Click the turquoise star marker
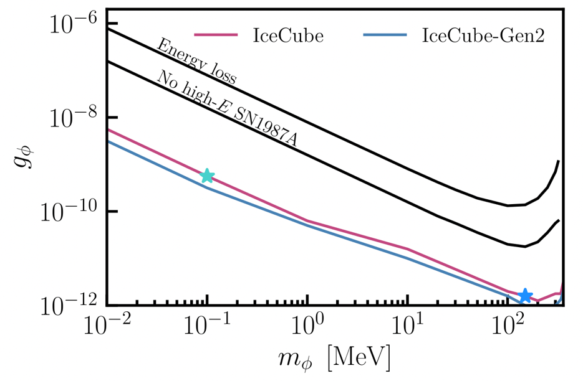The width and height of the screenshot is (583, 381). click(x=206, y=176)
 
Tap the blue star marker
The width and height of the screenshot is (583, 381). click(x=526, y=296)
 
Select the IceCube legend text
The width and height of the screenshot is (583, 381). click(x=288, y=36)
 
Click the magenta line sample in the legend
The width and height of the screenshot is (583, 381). click(x=216, y=36)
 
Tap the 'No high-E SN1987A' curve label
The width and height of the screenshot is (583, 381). click(x=227, y=108)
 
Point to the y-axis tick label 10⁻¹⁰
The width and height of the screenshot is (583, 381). click(x=70, y=212)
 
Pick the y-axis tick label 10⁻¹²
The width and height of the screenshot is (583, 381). click(x=70, y=305)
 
